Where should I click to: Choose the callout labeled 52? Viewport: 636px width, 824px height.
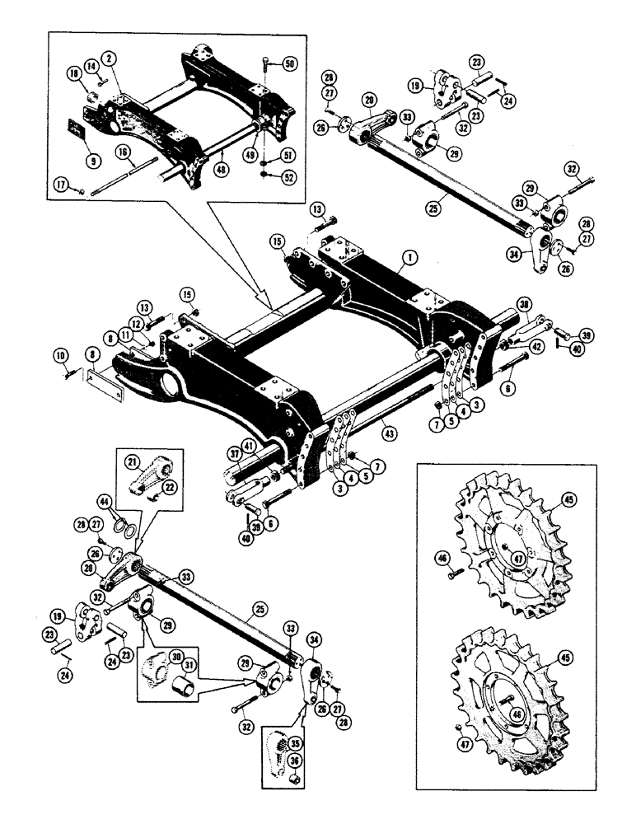(x=288, y=176)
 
